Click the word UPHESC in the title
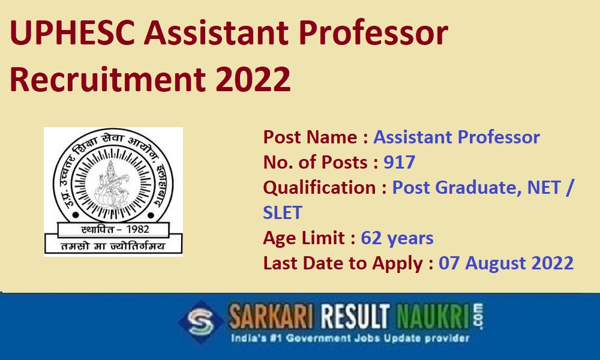coord(73,33)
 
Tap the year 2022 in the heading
coord(253,79)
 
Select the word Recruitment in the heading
coord(108,79)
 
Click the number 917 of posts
coord(400,162)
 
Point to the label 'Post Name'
coord(310,137)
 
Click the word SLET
coord(283,212)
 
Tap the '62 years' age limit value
coord(397,238)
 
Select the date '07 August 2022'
coord(506,263)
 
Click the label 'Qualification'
coord(320,187)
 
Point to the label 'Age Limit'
coord(304,238)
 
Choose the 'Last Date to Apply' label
coord(343,263)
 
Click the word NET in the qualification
coord(544,187)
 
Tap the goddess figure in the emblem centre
coord(112,183)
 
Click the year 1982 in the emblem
coord(137,229)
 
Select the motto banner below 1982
coord(113,245)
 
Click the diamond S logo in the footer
coord(201,322)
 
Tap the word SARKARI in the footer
coord(271,317)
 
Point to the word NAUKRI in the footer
coord(433,317)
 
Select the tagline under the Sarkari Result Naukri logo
coord(350,338)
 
